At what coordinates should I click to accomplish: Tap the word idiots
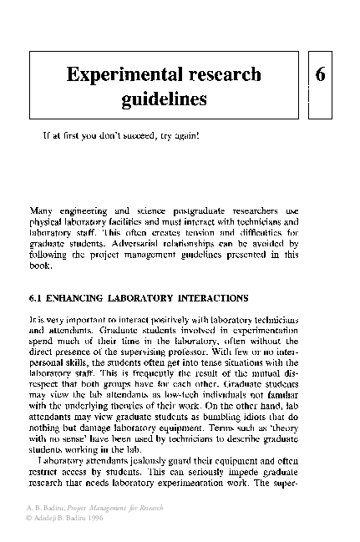(x=271, y=417)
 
